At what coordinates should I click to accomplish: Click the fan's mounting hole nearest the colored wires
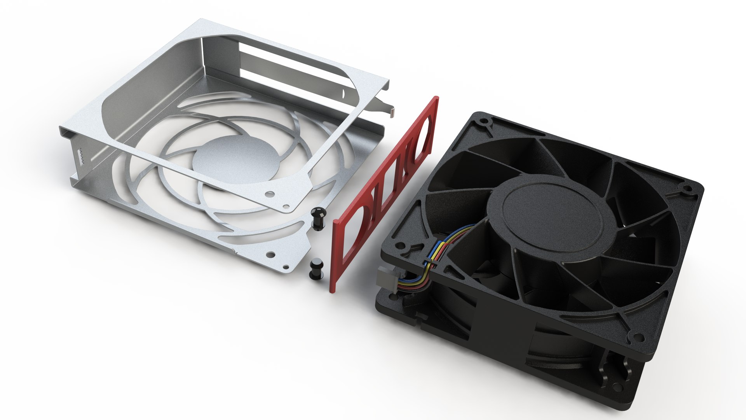point(401,246)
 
